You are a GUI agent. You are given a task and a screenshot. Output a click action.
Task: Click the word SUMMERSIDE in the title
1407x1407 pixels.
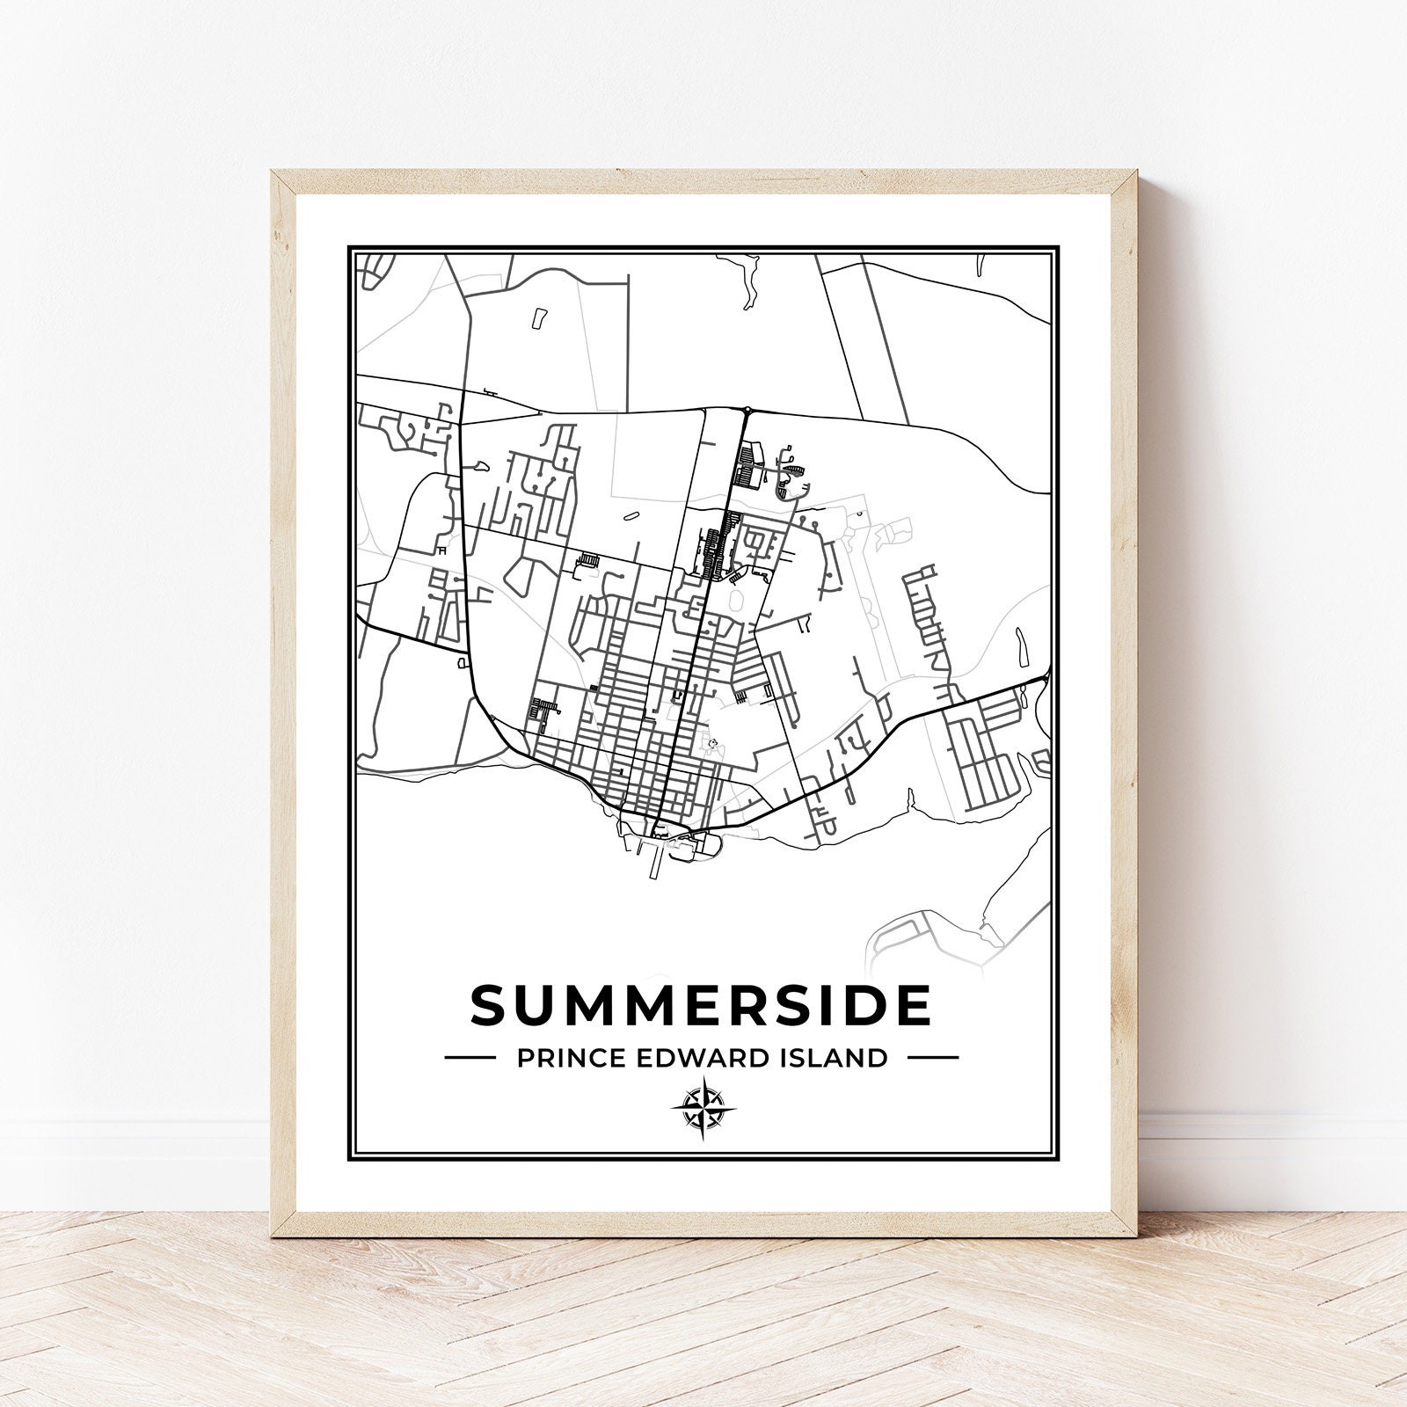tap(701, 1004)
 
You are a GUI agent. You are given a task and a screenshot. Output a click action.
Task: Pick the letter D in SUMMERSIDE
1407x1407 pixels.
tap(862, 1004)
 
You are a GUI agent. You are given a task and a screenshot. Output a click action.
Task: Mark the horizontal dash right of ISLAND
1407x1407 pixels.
tap(932, 1057)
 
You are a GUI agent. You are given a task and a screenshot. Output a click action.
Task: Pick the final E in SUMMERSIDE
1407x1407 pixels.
tap(912, 1004)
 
